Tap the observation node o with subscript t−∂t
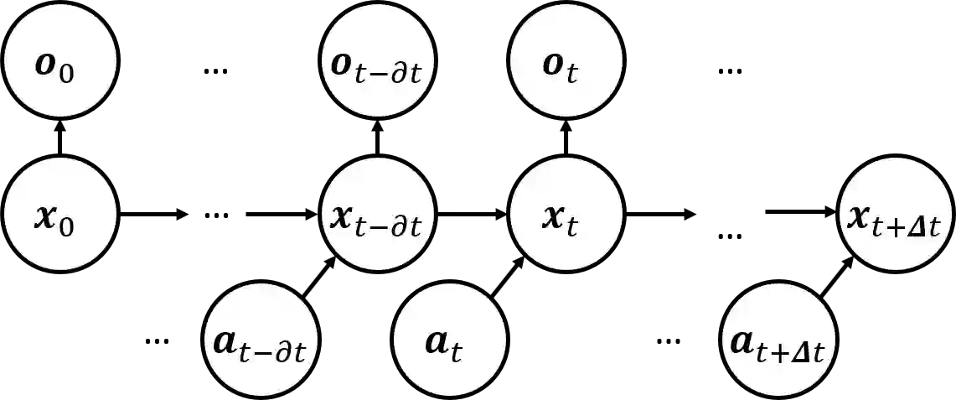coord(377,66)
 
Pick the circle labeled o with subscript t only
coord(566,66)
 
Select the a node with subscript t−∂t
coord(262,344)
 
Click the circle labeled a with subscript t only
coord(450,344)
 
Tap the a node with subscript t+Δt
coord(778,344)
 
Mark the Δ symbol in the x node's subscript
coord(923,226)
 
